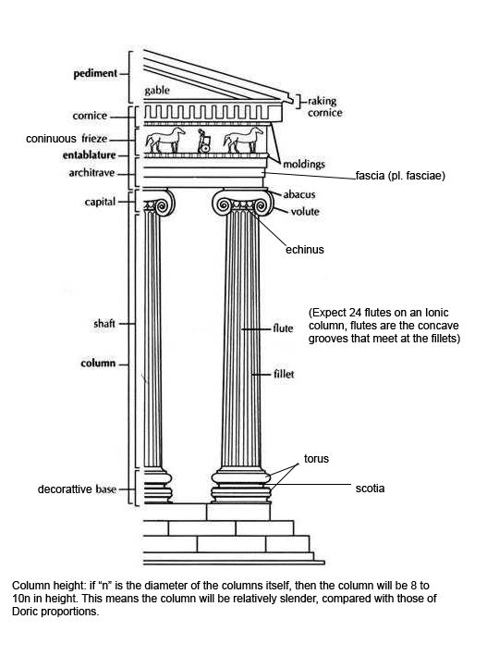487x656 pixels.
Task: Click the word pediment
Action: (x=95, y=74)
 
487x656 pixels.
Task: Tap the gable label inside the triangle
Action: (x=157, y=91)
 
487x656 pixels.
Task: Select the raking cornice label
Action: (x=324, y=106)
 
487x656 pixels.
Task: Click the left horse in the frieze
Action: (x=165, y=140)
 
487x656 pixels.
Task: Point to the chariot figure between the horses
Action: (x=204, y=141)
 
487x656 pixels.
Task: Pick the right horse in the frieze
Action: (x=243, y=140)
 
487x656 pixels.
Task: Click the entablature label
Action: (x=89, y=155)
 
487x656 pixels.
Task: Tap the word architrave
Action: (x=91, y=173)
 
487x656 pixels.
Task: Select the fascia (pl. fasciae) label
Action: (x=400, y=176)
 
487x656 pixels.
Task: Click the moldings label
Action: (x=304, y=164)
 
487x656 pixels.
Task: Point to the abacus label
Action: (x=299, y=194)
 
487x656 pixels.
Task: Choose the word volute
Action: (x=305, y=212)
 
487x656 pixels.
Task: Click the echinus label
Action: (x=305, y=250)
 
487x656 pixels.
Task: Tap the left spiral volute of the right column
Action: (x=223, y=204)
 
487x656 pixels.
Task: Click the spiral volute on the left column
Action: (x=163, y=205)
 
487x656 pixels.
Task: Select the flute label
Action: (x=283, y=328)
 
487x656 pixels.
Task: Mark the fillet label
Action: (x=284, y=374)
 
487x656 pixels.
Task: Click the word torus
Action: (x=316, y=459)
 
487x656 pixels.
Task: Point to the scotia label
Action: (x=370, y=489)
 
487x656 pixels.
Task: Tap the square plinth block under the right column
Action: (x=238, y=512)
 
